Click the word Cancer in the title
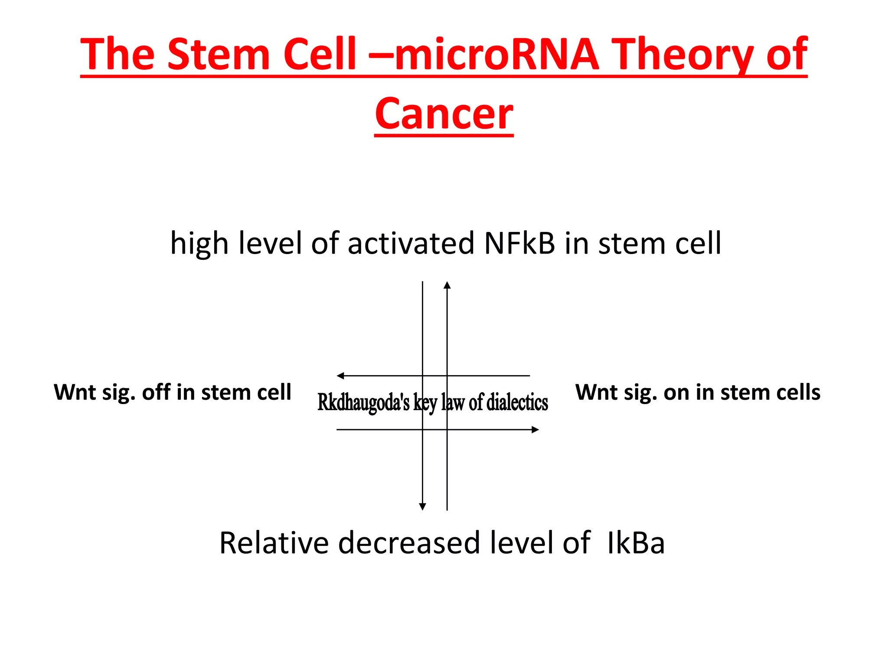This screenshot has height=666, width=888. [x=444, y=114]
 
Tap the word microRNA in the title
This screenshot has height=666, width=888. [x=496, y=54]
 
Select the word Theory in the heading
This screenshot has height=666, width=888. [x=685, y=54]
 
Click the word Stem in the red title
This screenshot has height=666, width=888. [x=219, y=54]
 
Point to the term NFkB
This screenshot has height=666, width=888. [x=519, y=243]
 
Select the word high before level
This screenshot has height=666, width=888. [x=199, y=243]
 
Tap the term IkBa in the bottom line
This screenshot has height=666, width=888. [x=636, y=542]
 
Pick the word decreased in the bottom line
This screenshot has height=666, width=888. [x=409, y=542]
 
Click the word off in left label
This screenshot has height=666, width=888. [x=156, y=392]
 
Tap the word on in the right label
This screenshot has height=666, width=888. [x=676, y=392]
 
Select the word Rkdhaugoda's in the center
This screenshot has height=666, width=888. [x=363, y=402]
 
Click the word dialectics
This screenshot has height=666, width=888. [x=517, y=402]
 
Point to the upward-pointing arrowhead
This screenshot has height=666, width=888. [x=447, y=285]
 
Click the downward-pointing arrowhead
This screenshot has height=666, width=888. [x=423, y=507]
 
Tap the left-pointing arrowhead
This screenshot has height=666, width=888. [x=341, y=376]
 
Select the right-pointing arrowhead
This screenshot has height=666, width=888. [x=535, y=430]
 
